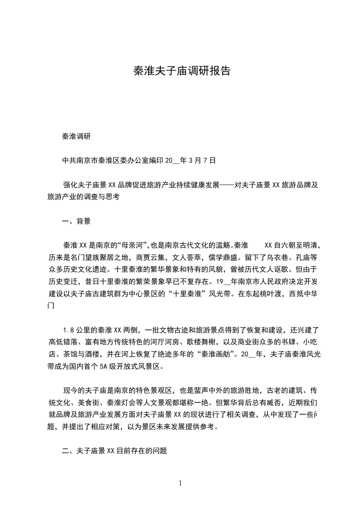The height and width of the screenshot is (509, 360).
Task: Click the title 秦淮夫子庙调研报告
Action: click(x=182, y=71)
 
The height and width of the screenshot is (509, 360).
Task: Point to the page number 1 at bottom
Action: click(x=180, y=483)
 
